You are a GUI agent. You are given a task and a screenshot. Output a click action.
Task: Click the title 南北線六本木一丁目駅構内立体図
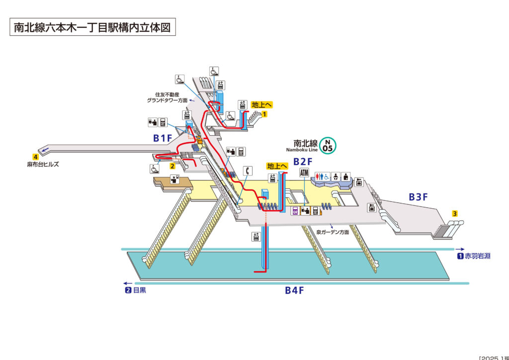click(92, 27)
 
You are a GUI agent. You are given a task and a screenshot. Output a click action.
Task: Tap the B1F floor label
click(162, 138)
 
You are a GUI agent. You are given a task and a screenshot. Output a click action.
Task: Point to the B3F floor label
click(418, 197)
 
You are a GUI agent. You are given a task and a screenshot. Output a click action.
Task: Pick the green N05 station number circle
click(328, 145)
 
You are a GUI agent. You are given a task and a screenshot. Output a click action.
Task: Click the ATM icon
click(305, 173)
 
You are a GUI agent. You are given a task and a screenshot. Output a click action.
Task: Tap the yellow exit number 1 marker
click(265, 114)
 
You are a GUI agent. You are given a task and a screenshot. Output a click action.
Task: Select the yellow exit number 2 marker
click(172, 166)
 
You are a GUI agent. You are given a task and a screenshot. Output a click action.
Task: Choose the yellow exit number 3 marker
click(454, 214)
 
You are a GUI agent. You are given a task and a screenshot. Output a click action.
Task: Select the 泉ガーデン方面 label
click(333, 232)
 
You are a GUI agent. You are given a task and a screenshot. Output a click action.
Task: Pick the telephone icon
click(247, 170)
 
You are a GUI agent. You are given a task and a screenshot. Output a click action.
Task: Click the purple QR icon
click(295, 210)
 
